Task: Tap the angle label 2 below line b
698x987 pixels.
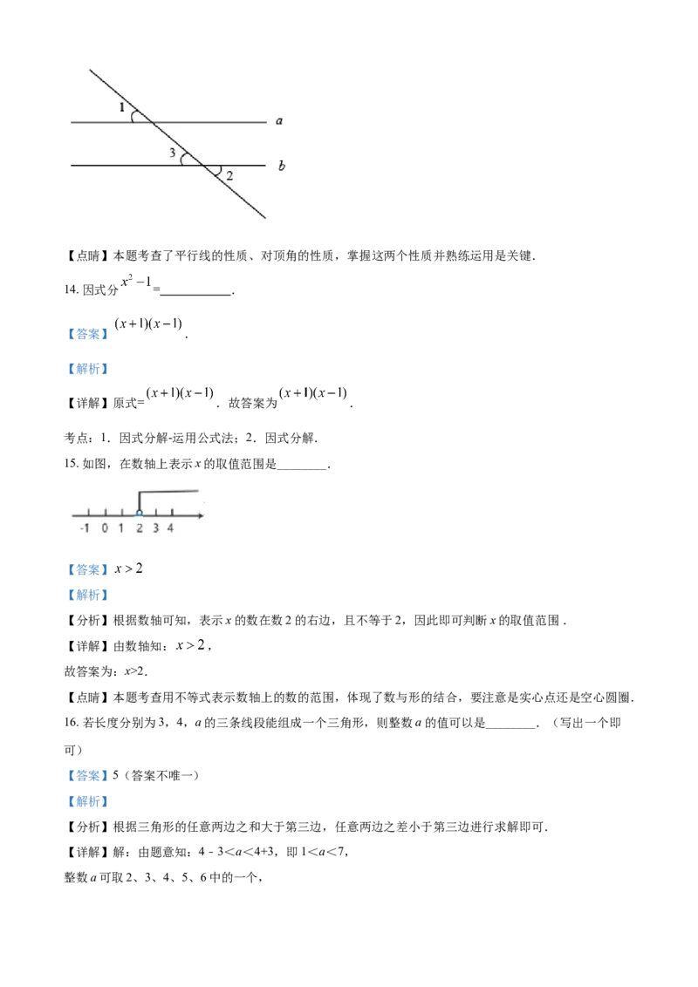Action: click(x=229, y=176)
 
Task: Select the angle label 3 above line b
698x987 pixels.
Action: click(x=173, y=153)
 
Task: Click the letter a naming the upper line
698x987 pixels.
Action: click(x=279, y=121)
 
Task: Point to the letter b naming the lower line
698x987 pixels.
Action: click(x=281, y=165)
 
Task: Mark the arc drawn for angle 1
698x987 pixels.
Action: click(x=133, y=116)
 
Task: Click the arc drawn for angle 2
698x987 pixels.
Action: click(x=219, y=171)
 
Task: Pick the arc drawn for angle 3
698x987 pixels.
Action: click(x=183, y=159)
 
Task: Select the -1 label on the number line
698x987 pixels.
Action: click(x=85, y=528)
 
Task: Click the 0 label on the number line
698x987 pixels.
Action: click(x=105, y=528)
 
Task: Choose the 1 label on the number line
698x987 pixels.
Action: click(x=121, y=528)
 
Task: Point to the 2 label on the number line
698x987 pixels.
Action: click(x=139, y=528)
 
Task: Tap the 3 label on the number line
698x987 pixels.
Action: click(x=155, y=528)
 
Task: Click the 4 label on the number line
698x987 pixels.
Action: click(x=171, y=528)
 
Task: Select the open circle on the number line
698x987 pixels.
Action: click(x=139, y=514)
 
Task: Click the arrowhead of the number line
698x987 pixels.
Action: click(x=202, y=516)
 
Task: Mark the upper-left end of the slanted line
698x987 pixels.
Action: click(x=90, y=70)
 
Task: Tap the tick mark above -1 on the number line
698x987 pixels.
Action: click(x=88, y=512)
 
